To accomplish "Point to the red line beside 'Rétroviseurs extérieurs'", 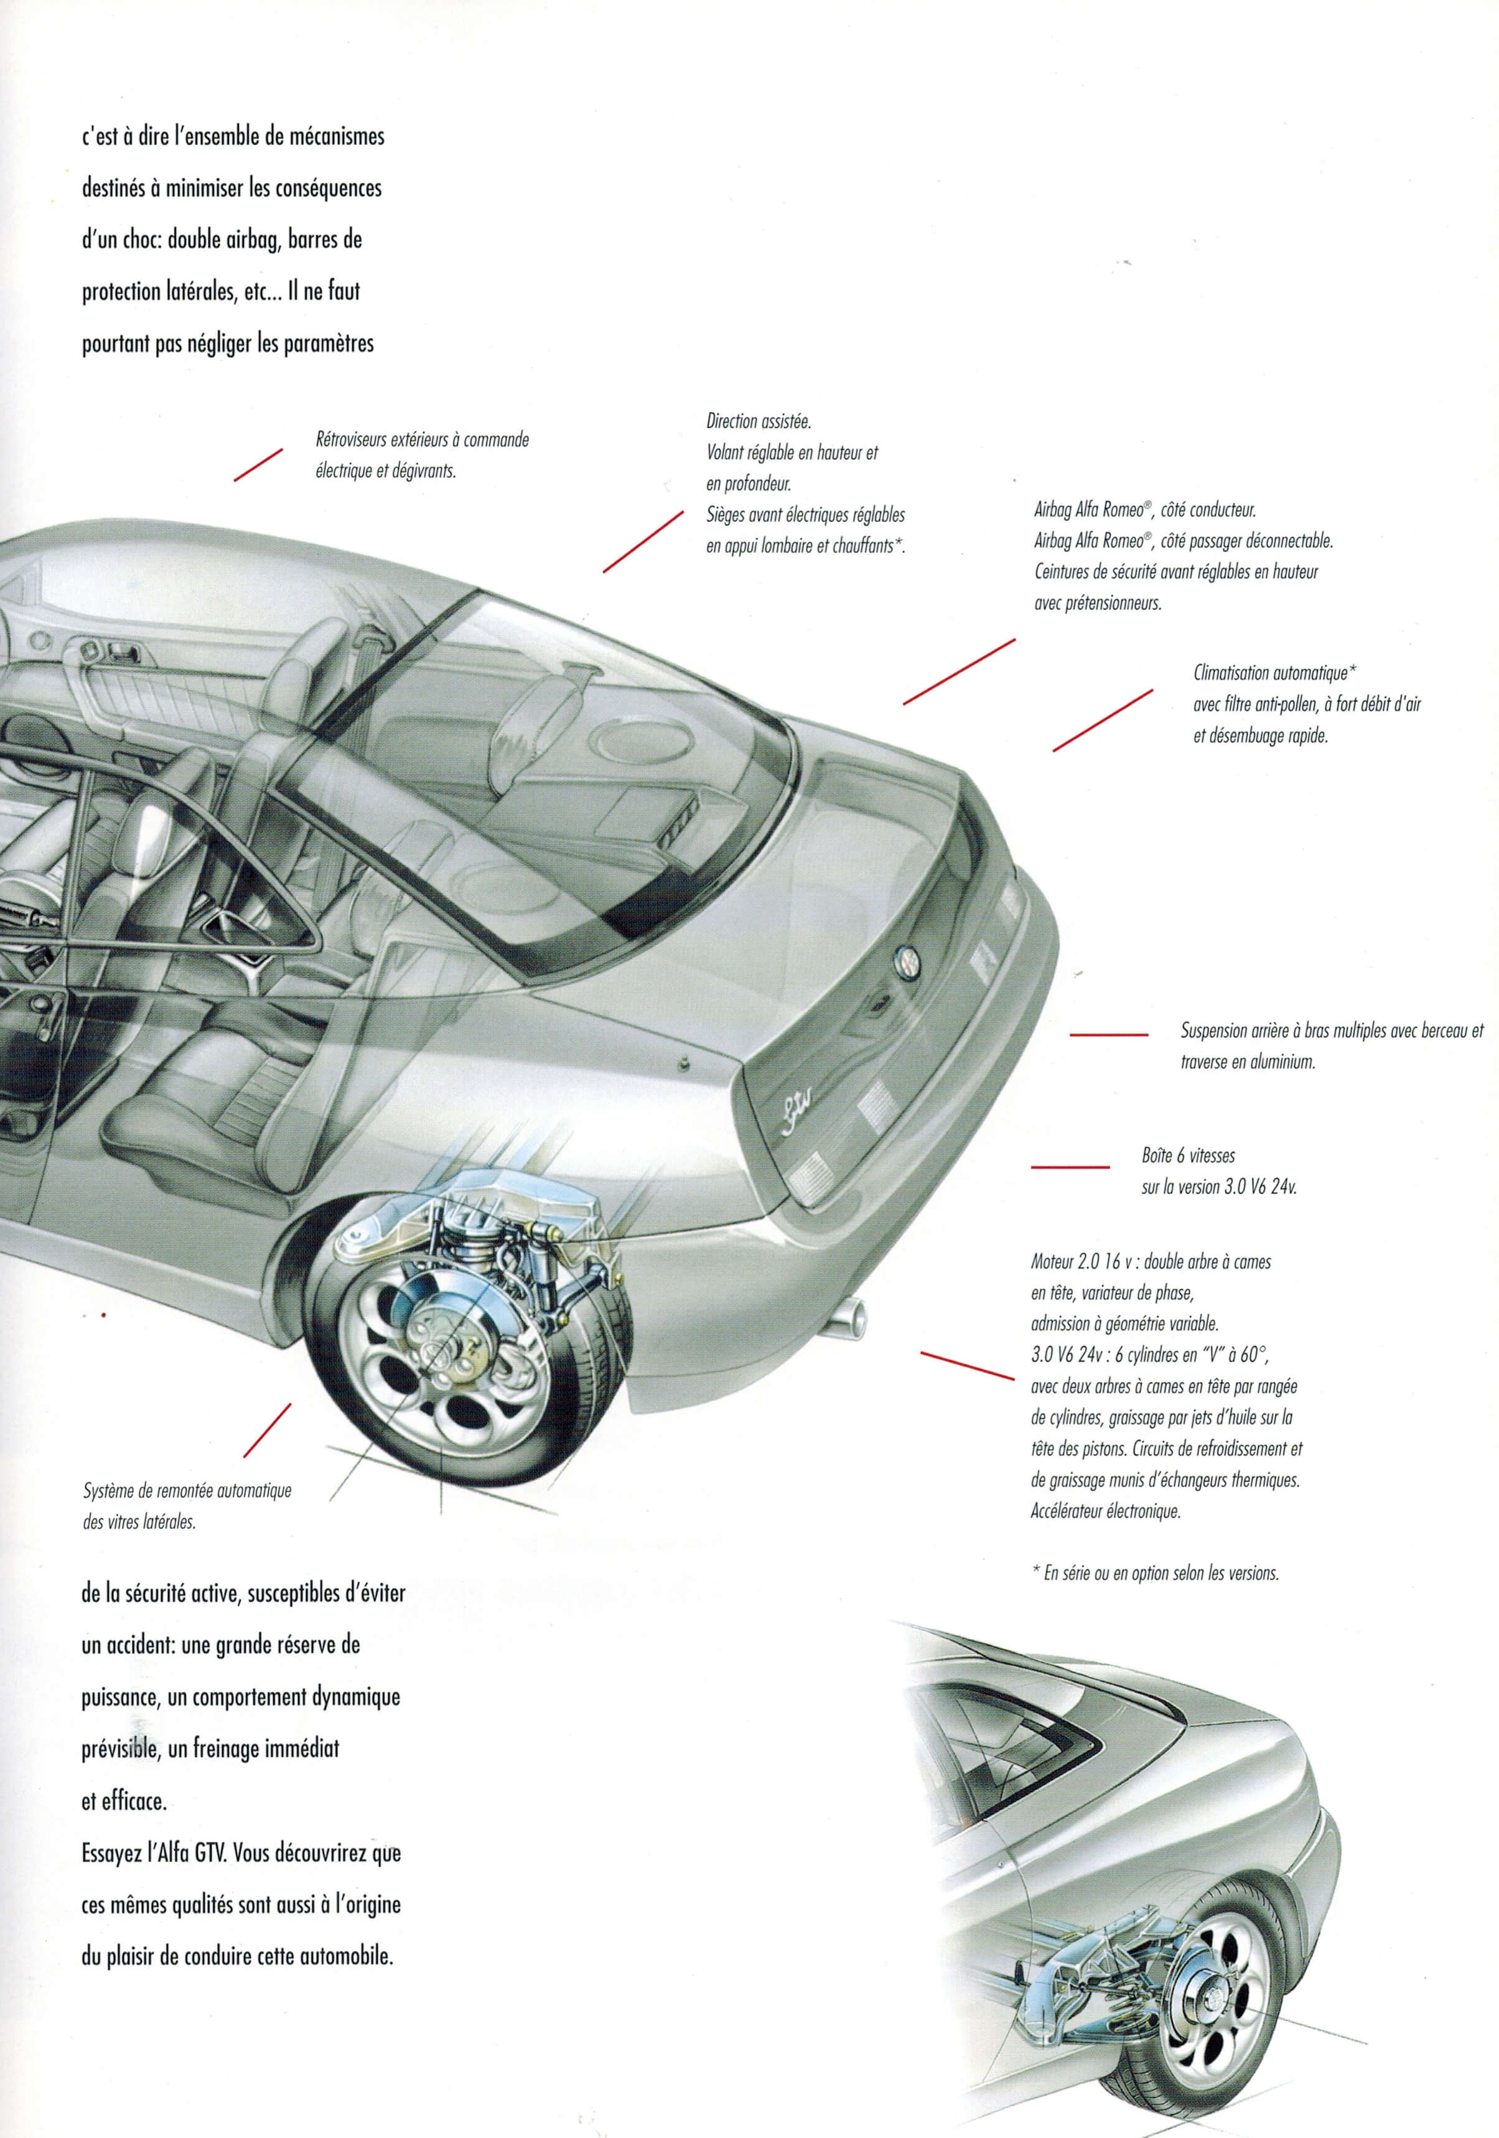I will click(258, 465).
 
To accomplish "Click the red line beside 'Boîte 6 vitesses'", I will click(1070, 1167).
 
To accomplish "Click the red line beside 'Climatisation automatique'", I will click(1103, 720).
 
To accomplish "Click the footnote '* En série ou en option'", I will click(1154, 1573).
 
